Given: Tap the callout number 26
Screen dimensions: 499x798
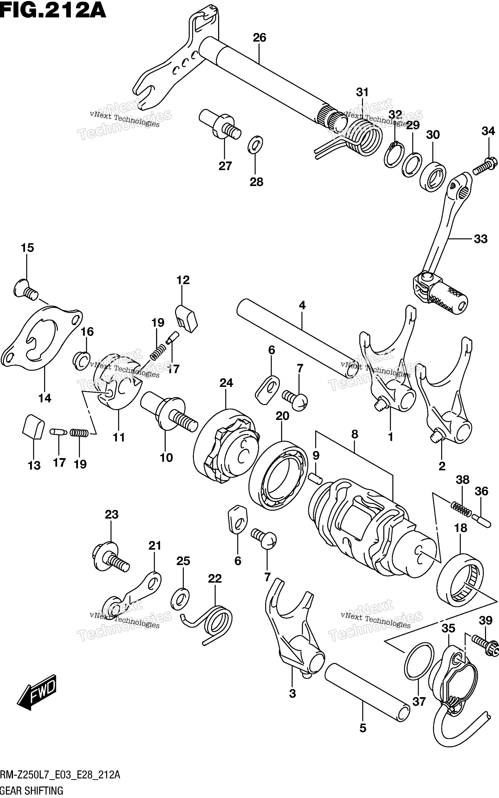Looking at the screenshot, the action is [x=259, y=38].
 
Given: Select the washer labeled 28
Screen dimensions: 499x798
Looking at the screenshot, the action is [x=255, y=144].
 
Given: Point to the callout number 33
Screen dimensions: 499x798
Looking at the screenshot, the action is [x=481, y=239].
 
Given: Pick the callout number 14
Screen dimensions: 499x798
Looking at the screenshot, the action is [x=45, y=398].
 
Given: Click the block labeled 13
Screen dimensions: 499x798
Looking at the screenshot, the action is [x=33, y=427].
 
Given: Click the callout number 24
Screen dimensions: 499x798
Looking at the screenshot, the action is [x=226, y=383].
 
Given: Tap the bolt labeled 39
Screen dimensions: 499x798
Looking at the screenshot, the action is [x=486, y=643].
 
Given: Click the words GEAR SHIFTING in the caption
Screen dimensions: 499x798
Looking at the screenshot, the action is [x=32, y=791].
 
